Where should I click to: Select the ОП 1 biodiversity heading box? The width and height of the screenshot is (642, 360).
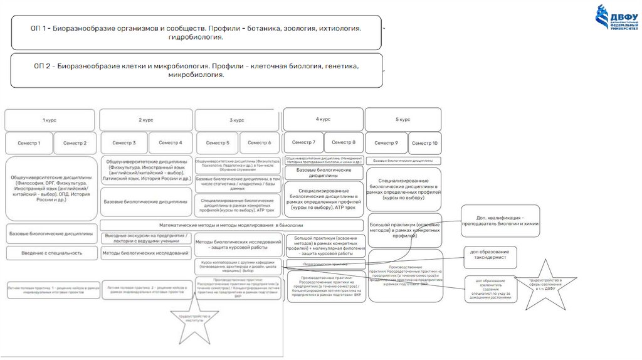click(196, 33)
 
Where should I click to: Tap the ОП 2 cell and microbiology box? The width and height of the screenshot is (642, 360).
click(196, 70)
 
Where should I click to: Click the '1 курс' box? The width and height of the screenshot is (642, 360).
click(50, 120)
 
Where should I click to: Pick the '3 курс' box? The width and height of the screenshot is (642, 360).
click(237, 120)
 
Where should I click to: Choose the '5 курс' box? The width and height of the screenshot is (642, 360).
click(403, 119)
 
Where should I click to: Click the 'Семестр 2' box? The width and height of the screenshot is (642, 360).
click(75, 143)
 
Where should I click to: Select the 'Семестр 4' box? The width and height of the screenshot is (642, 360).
click(171, 142)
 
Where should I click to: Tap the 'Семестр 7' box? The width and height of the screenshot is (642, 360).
click(304, 142)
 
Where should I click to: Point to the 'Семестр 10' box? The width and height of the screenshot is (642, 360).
click(424, 143)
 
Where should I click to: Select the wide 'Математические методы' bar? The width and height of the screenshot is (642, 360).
click(231, 225)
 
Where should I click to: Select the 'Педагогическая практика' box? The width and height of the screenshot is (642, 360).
click(324, 265)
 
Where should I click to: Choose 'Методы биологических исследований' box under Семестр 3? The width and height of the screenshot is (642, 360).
click(145, 253)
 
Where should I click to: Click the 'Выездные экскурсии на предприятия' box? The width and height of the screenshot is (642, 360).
click(145, 238)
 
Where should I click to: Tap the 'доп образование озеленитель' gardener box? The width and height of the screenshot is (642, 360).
click(491, 289)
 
